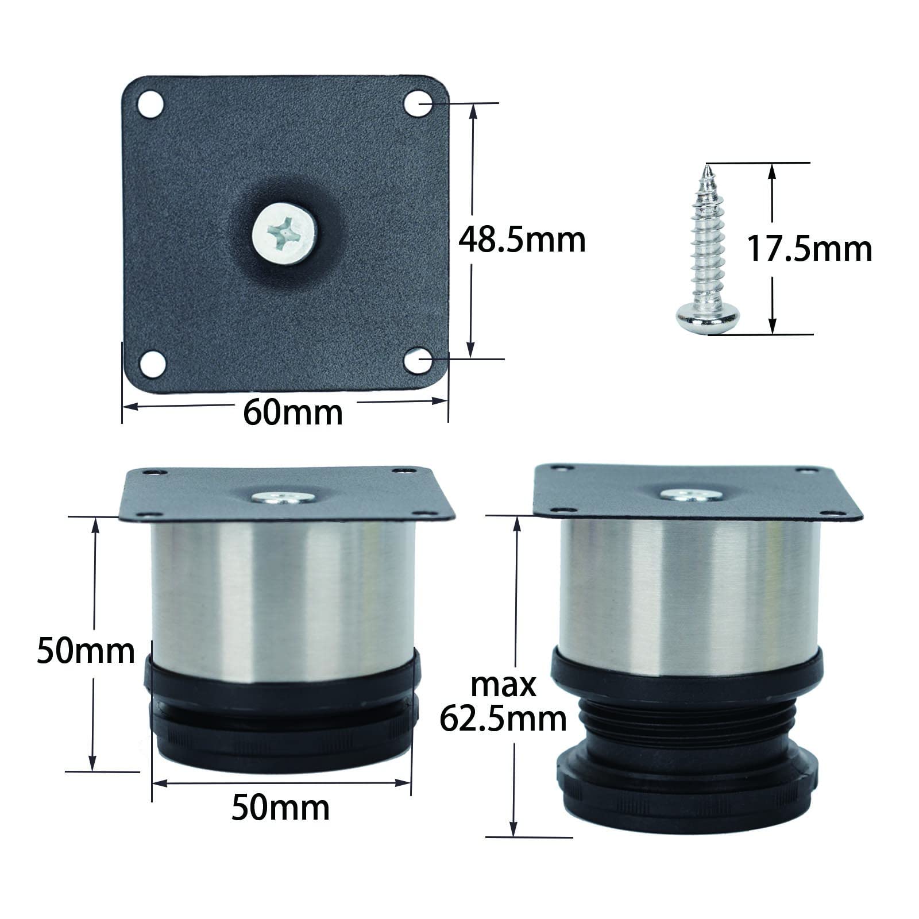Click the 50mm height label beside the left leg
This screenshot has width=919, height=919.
86,651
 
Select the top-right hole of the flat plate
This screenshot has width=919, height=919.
418,103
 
